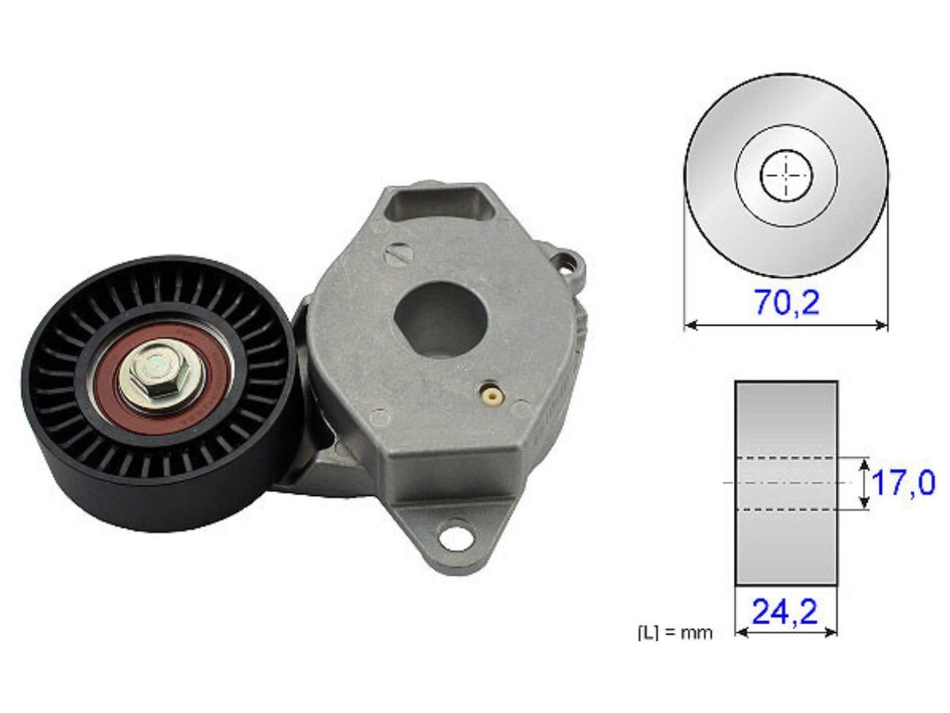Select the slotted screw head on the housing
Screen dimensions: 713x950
pyautogui.click(x=398, y=253)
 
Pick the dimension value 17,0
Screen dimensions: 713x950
pyautogui.click(x=902, y=482)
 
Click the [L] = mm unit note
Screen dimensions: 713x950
pyautogui.click(x=674, y=633)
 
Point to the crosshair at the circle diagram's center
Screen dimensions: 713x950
pyautogui.click(x=785, y=174)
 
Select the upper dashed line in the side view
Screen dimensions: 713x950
pyautogui.click(x=785, y=458)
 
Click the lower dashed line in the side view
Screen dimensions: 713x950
pyautogui.click(x=785, y=509)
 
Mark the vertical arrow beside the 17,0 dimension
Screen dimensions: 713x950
pyautogui.click(x=863, y=483)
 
